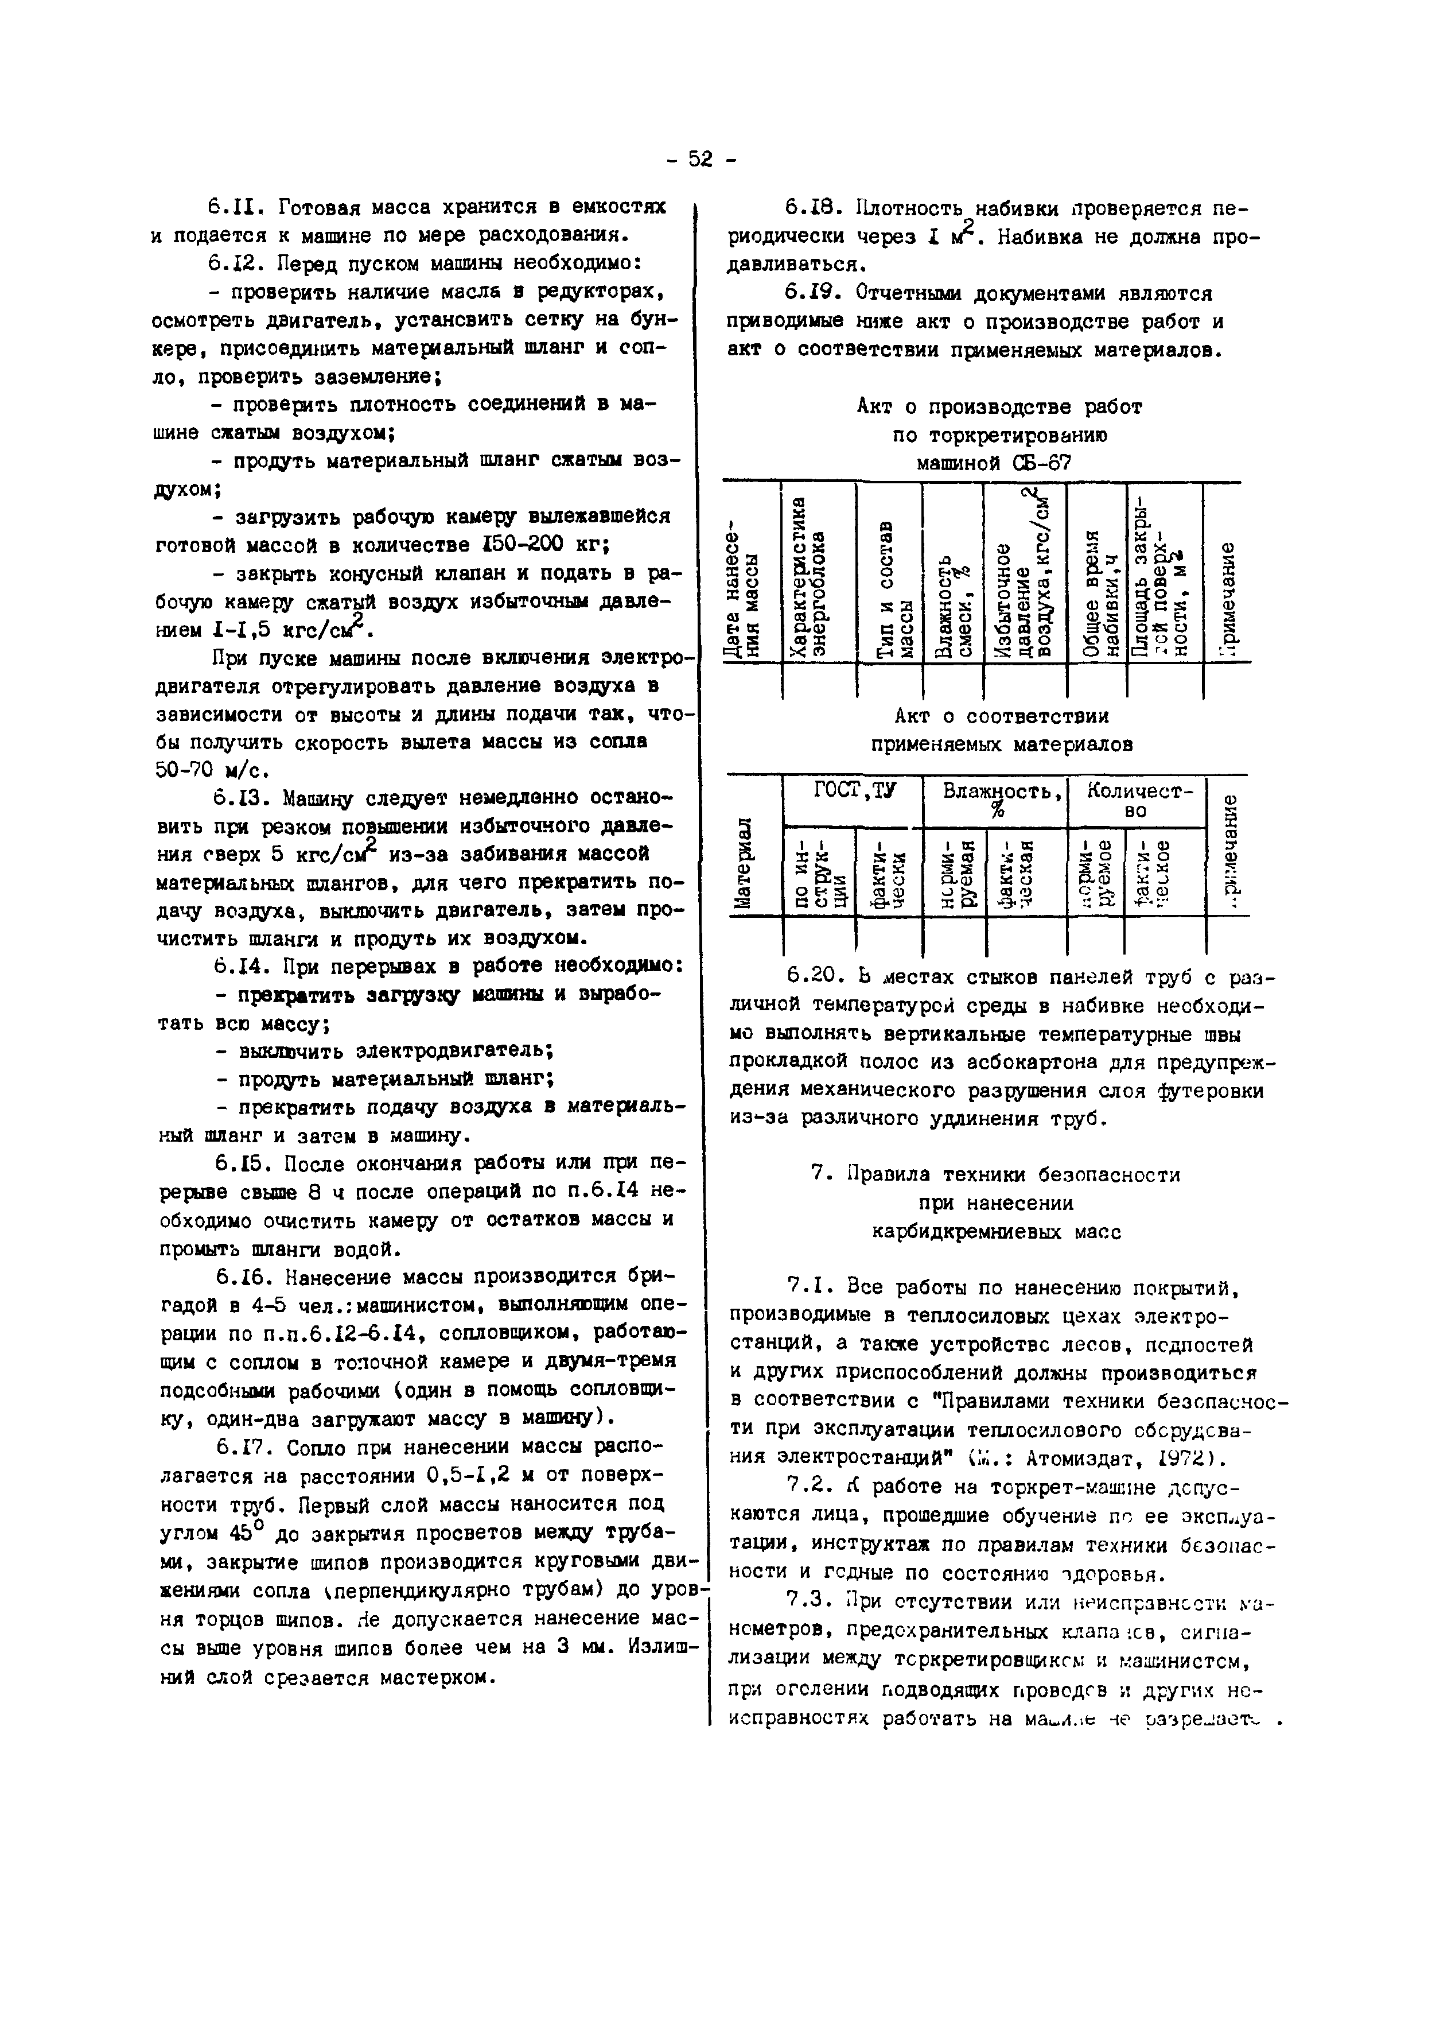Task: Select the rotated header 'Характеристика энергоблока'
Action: (810, 577)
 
